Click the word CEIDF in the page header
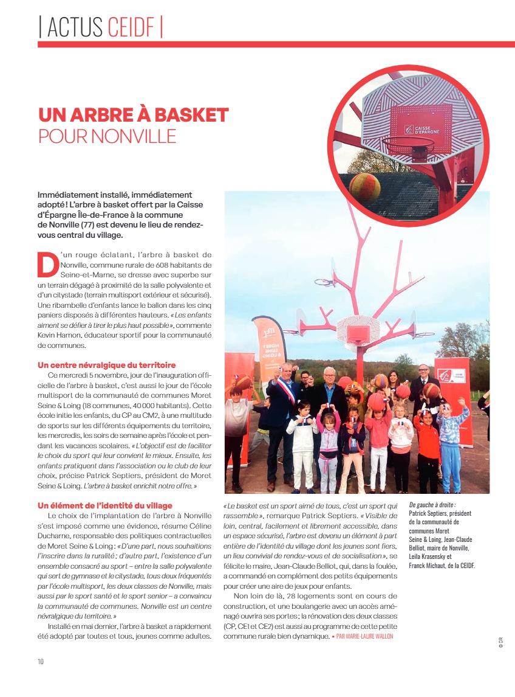(133, 27)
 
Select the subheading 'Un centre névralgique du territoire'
(106, 365)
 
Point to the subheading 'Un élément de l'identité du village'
(104, 505)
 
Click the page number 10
(41, 661)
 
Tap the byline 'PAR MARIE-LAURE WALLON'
(364, 636)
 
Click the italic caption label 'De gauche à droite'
(432, 505)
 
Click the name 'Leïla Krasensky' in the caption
(434, 557)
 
